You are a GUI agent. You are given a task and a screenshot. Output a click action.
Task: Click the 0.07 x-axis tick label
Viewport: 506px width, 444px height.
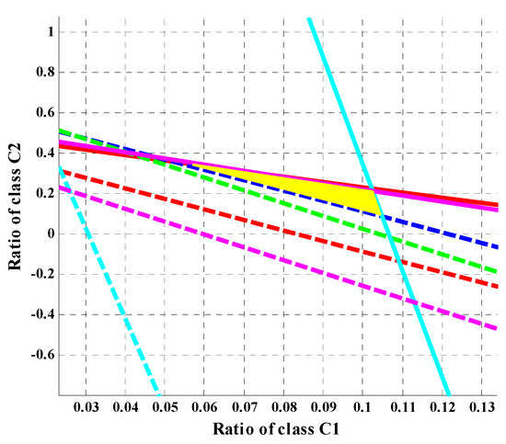pyautogui.click(x=243, y=405)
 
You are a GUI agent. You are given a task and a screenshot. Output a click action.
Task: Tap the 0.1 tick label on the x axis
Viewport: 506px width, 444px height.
pyautogui.click(x=362, y=405)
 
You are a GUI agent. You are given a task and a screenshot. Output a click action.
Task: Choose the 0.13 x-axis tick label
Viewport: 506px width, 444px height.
pyautogui.click(x=479, y=405)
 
